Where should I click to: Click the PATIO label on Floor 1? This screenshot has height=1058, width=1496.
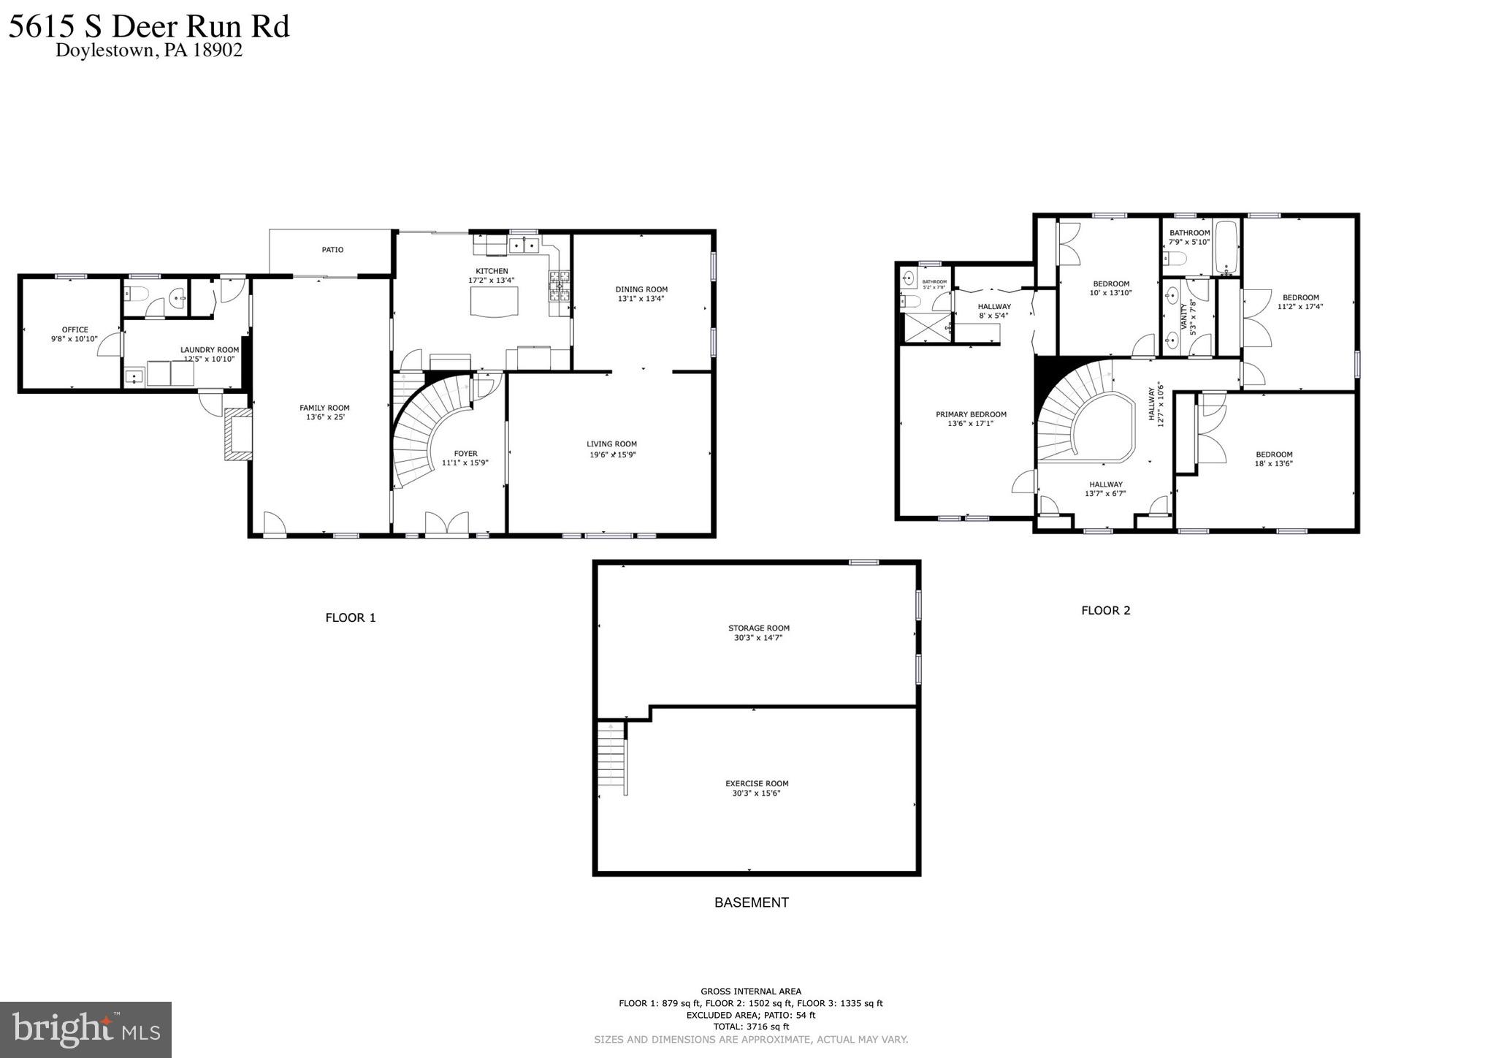coord(332,250)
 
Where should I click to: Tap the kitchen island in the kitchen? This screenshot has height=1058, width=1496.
coord(497,301)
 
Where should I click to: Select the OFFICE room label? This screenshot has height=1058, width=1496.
coord(75,330)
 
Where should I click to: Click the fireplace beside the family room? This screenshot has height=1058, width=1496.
coord(238,434)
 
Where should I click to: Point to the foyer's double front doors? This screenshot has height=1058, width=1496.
coord(446,524)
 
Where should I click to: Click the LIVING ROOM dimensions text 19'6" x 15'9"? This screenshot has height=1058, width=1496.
coord(612,454)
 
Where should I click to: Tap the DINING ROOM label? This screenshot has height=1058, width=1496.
coord(641,289)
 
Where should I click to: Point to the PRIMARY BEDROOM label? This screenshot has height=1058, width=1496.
coord(971,414)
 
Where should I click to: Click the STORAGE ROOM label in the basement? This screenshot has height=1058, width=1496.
coord(758,628)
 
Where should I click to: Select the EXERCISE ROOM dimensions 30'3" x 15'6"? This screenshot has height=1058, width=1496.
coord(756,793)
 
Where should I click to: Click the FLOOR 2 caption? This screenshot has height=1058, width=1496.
coord(1105,610)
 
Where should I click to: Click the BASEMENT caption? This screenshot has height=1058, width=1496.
coord(751,902)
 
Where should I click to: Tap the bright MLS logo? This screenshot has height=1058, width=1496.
coord(85,1030)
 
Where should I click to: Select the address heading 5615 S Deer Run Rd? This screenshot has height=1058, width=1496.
coord(149,26)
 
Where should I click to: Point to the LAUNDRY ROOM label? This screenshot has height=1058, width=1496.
coord(210,350)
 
